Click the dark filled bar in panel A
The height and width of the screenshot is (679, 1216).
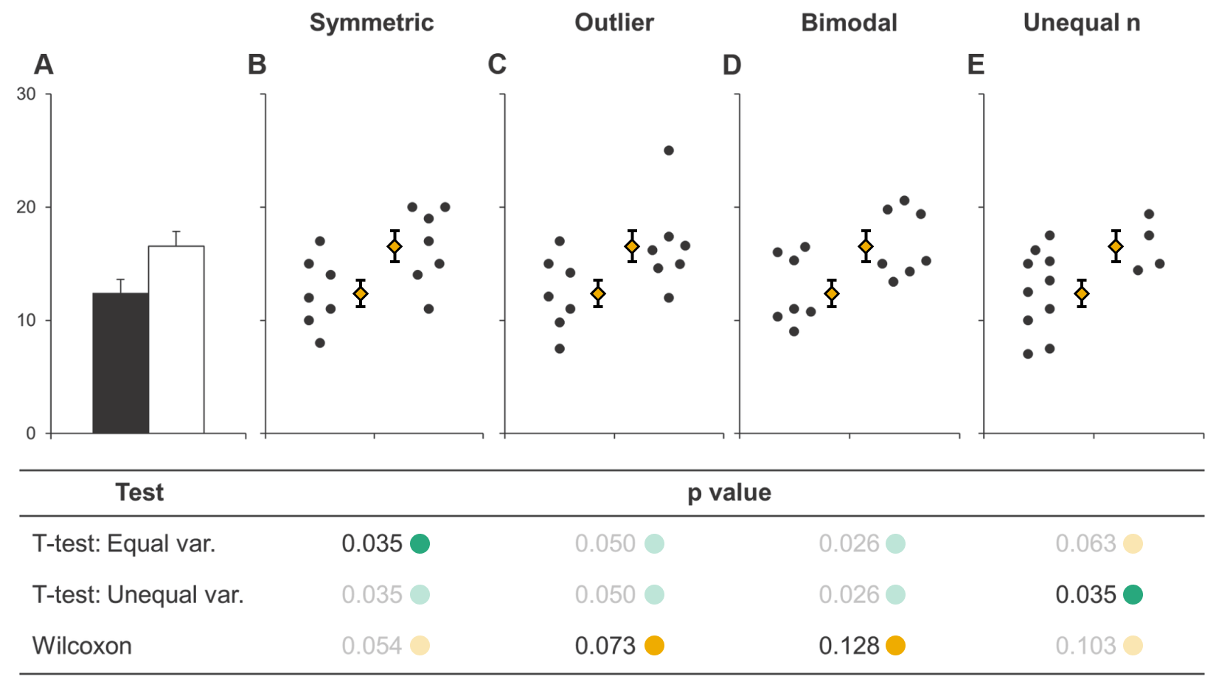coord(120,363)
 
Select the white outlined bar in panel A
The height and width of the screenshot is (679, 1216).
coord(176,339)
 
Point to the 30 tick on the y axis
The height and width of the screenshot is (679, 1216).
coord(27,94)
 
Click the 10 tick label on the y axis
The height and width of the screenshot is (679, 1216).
coord(27,321)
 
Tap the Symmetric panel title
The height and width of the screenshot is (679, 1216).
coord(372,23)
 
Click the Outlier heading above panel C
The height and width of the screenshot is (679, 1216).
coord(614,23)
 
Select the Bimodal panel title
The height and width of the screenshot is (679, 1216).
coord(849,23)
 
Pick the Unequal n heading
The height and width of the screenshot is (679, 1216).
coord(1081,23)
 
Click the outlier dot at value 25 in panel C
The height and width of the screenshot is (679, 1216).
coord(669,150)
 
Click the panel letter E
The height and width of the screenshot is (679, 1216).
coord(976,65)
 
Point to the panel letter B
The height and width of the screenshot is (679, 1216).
coord(257,65)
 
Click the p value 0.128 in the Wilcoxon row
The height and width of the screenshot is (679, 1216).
coord(849,646)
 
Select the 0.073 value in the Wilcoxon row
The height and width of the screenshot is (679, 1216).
coord(605,646)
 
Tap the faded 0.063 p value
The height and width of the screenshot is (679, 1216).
coord(1085,543)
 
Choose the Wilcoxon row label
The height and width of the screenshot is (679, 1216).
coord(82,646)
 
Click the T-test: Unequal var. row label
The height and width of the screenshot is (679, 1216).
coord(138,594)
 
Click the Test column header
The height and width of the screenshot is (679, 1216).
coord(139,492)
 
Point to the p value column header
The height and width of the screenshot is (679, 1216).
coord(729,492)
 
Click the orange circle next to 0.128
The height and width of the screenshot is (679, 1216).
coord(895,646)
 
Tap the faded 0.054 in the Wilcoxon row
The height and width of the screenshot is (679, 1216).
coord(372,646)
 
